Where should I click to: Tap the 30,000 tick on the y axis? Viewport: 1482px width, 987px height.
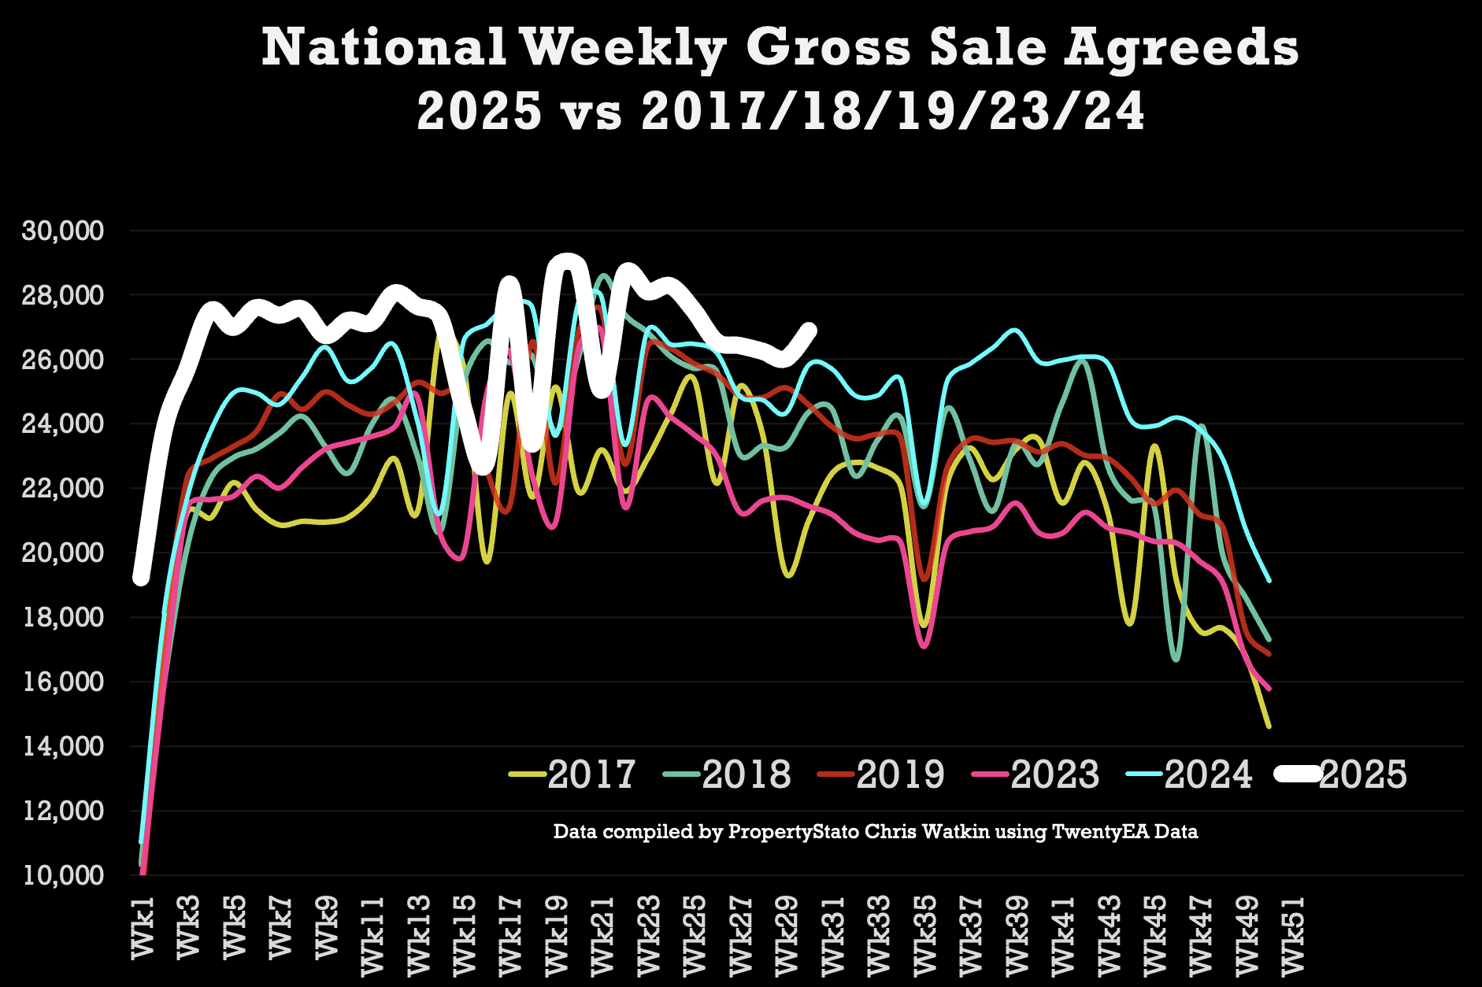tap(63, 231)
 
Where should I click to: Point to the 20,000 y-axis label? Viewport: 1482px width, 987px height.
tap(63, 553)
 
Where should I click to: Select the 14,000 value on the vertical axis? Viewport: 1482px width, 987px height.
tap(63, 746)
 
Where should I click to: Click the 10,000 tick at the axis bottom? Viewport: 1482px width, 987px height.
tap(63, 874)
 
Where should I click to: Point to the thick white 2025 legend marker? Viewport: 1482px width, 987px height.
tap(1298, 774)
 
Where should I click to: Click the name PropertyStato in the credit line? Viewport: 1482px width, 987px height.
tap(793, 832)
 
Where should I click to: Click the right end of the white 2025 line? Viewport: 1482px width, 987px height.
tap(810, 330)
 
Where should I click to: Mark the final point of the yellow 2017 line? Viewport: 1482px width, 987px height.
tap(1269, 726)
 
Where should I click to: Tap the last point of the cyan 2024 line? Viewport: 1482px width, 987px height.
tap(1269, 582)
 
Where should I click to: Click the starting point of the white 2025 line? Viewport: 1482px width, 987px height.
tap(141, 579)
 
